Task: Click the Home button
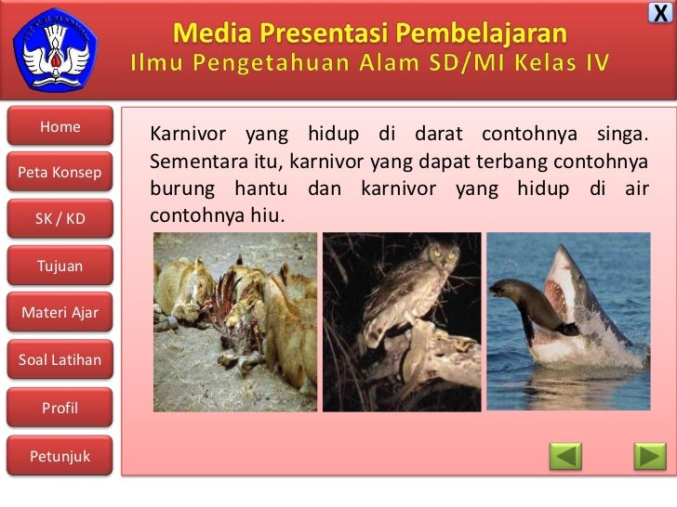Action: point(60,127)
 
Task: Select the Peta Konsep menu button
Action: point(60,173)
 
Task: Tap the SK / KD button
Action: point(60,219)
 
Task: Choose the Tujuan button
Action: point(60,266)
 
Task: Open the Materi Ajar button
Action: point(60,312)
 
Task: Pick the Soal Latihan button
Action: point(60,359)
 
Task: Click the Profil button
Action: point(60,408)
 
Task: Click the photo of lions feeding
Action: point(234,321)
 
